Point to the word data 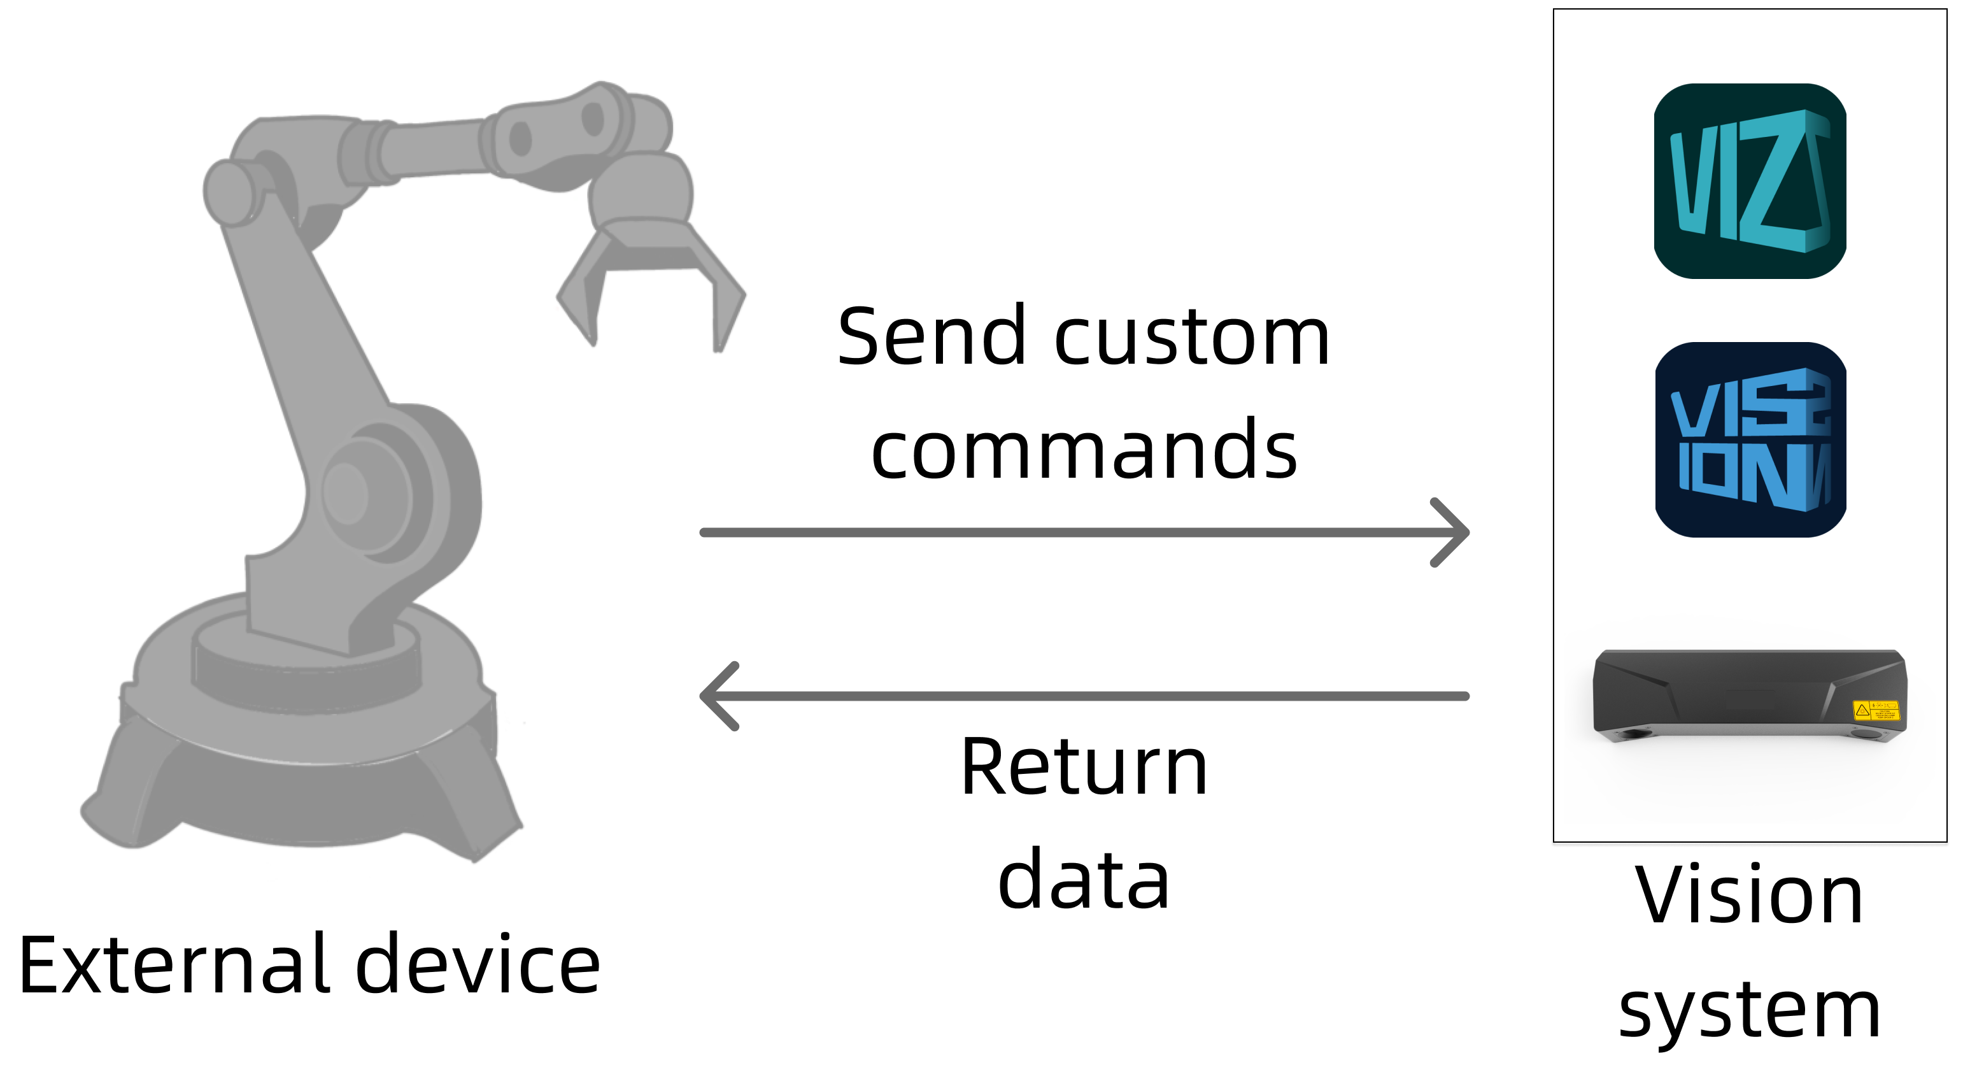1084,879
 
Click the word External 176,965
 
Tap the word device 478,965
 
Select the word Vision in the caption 1749,894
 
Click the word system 1749,1010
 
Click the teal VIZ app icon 1750,182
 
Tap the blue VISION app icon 1750,440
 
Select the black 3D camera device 1749,692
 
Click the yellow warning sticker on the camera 1875,710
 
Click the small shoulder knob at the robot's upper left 229,191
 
